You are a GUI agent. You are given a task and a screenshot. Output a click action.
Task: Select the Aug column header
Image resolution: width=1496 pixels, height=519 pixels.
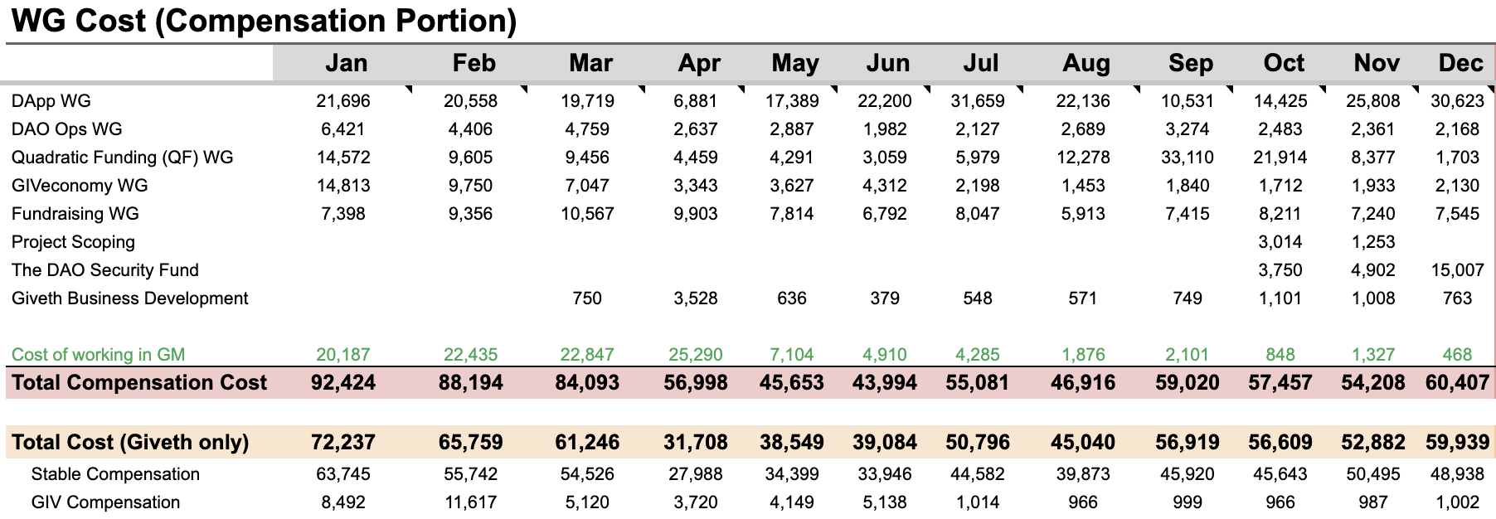pyautogui.click(x=1086, y=63)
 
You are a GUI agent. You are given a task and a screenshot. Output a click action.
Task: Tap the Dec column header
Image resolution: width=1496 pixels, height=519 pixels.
pyautogui.click(x=1460, y=63)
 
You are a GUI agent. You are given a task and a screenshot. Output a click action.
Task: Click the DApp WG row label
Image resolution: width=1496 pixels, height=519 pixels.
pyautogui.click(x=51, y=101)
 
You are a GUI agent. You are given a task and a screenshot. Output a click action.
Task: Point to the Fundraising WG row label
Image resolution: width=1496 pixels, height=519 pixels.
pyautogui.click(x=75, y=214)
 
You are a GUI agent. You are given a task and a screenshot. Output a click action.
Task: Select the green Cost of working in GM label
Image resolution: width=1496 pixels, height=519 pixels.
pyautogui.click(x=98, y=355)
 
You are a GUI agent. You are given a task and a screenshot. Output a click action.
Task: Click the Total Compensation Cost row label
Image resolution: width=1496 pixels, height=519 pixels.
pyautogui.click(x=139, y=383)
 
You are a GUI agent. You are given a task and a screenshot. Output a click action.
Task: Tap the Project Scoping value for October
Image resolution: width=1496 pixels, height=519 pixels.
pyautogui.click(x=1280, y=242)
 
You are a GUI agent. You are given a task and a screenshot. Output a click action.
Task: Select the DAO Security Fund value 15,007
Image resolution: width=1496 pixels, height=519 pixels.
pyautogui.click(x=1457, y=270)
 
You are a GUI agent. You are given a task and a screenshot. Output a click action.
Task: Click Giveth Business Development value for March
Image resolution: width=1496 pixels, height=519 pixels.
pyautogui.click(x=587, y=298)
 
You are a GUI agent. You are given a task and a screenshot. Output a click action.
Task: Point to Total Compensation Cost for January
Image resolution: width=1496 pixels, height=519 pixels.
pyautogui.click(x=342, y=383)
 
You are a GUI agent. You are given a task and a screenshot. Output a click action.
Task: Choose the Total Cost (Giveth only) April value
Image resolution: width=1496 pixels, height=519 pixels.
pyautogui.click(x=696, y=443)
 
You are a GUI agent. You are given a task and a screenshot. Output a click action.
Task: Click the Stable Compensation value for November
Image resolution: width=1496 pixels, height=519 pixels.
pyautogui.click(x=1372, y=474)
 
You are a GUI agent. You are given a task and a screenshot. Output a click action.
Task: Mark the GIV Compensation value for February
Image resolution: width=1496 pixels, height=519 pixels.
pyautogui.click(x=470, y=502)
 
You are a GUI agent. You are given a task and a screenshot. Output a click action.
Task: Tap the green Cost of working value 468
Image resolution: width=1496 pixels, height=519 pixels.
pyautogui.click(x=1456, y=355)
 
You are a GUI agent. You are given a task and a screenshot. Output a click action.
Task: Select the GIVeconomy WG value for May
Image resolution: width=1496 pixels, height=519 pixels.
pyautogui.click(x=791, y=186)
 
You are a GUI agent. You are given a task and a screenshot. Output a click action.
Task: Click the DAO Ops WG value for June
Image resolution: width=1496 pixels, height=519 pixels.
pyautogui.click(x=884, y=129)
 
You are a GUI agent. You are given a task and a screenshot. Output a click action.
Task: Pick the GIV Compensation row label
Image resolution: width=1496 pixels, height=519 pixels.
pyautogui.click(x=105, y=502)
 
